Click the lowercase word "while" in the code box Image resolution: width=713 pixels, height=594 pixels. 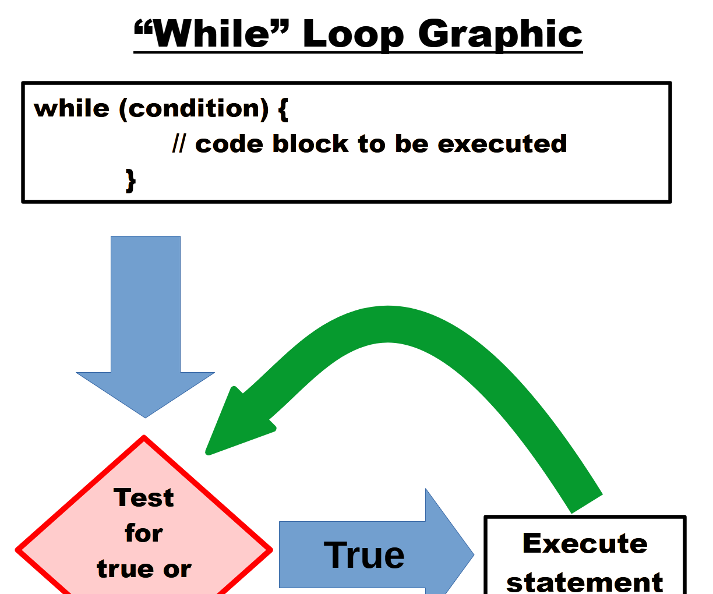pyautogui.click(x=72, y=108)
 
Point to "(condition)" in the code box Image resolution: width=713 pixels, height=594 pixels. pyautogui.click(x=194, y=108)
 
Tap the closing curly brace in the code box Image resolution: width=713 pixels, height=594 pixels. pyautogui.click(x=131, y=180)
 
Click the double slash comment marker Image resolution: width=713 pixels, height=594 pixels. pyautogui.click(x=179, y=144)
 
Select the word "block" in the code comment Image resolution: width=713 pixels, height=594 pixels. pyautogui.click(x=310, y=144)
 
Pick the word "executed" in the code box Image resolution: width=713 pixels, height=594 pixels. pyautogui.click(x=502, y=144)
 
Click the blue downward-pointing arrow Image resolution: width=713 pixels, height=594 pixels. pyautogui.click(x=146, y=326)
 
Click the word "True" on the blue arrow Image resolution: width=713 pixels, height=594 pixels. pyautogui.click(x=364, y=555)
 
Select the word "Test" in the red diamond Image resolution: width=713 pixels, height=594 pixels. pyautogui.click(x=144, y=498)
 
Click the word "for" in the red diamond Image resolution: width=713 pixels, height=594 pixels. pyautogui.click(x=144, y=533)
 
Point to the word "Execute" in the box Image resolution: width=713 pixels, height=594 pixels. pyautogui.click(x=585, y=543)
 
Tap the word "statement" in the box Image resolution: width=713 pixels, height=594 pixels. pyautogui.click(x=585, y=581)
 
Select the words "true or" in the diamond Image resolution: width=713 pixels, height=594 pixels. pyautogui.click(x=144, y=569)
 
